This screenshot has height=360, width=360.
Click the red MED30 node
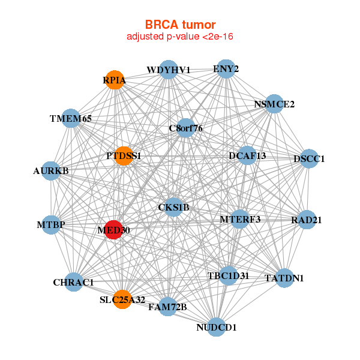coord(113,230)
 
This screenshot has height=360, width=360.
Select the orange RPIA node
coord(115,80)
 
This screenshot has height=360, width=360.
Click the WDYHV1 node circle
coord(169,70)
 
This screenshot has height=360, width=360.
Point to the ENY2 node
coord(226,68)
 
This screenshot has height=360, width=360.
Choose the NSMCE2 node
coord(274,104)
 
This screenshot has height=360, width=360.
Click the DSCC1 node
coord(309,158)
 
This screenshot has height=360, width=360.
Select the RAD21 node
coord(307,220)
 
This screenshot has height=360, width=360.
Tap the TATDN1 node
coord(284,278)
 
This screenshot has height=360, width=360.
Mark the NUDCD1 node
coord(217,328)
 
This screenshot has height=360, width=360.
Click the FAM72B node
coord(168,307)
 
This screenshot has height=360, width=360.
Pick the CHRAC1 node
coord(74,282)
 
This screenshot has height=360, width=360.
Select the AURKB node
coord(50,171)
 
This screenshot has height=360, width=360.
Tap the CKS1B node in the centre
coord(173,207)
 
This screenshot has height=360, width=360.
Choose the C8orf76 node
coord(186,128)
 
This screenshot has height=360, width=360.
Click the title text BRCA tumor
coord(180,25)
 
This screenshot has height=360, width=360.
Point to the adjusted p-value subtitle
coord(180,37)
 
